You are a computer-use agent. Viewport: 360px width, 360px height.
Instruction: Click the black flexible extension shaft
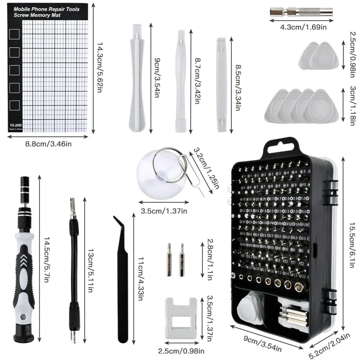coord(74,270)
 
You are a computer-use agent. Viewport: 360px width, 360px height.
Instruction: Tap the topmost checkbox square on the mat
coord(15,34)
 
